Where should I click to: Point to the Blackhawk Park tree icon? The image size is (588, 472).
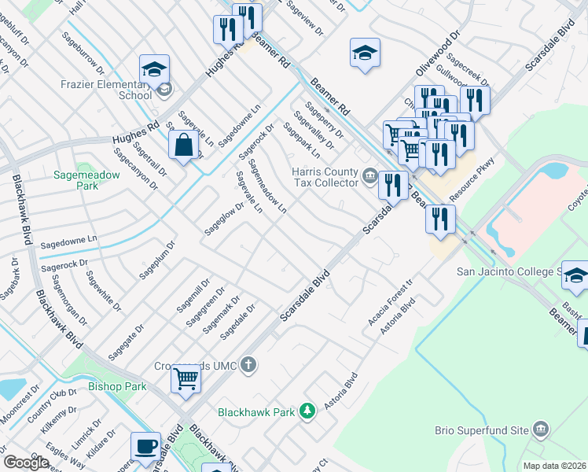[x=308, y=410]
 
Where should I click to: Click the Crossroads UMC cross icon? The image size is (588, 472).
[x=248, y=363]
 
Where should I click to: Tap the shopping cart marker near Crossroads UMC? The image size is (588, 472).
[x=186, y=378]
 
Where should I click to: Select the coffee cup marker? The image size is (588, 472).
[x=145, y=446]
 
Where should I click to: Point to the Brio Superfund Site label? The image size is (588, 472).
[x=482, y=430]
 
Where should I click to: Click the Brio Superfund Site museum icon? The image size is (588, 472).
[x=540, y=429]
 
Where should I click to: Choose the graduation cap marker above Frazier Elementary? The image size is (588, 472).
[x=155, y=68]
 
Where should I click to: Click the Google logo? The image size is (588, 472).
[x=26, y=463]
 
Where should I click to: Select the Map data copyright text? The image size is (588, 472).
[x=555, y=466]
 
